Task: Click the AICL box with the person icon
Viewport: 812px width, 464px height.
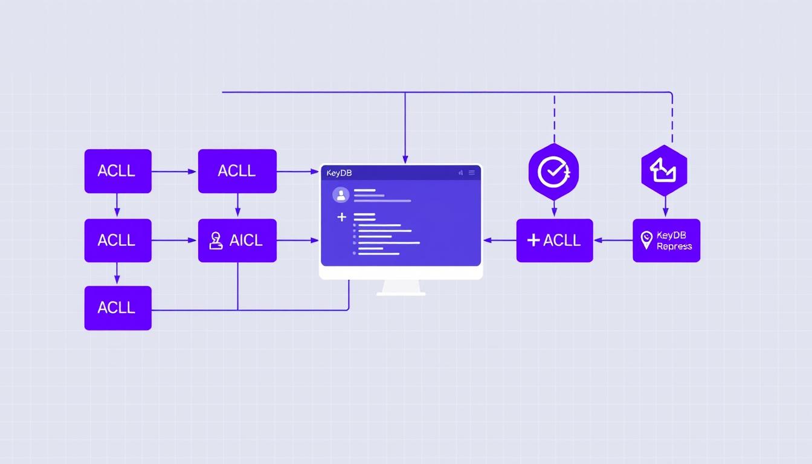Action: tap(237, 240)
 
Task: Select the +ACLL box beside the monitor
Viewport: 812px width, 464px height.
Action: tap(555, 240)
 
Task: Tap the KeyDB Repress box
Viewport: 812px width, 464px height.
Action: tap(666, 240)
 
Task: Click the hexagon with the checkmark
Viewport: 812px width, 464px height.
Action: tap(553, 171)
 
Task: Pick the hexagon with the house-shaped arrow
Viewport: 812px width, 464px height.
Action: tap(664, 171)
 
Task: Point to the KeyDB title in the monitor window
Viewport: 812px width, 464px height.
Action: tap(339, 173)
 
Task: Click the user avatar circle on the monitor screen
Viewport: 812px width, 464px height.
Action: tap(341, 195)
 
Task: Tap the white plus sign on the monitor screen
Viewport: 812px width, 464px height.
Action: tap(342, 217)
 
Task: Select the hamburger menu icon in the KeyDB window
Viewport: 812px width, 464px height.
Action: tap(472, 173)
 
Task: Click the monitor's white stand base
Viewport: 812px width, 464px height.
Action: tap(401, 293)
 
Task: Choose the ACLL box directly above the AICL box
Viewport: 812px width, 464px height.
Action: tap(237, 171)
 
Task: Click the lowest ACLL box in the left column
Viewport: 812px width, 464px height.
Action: tap(118, 308)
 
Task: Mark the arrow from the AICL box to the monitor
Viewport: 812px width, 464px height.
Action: tap(297, 240)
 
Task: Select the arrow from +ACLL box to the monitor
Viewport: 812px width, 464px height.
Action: tap(500, 240)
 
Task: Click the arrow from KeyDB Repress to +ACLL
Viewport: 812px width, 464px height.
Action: tap(613, 240)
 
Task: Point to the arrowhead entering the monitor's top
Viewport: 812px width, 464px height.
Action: tap(405, 159)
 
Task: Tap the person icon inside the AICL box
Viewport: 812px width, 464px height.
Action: tap(216, 240)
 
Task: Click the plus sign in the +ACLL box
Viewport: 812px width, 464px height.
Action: tap(533, 240)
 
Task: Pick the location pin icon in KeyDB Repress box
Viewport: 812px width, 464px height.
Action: tap(646, 240)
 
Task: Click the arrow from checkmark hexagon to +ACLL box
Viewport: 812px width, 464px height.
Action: tap(554, 208)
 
